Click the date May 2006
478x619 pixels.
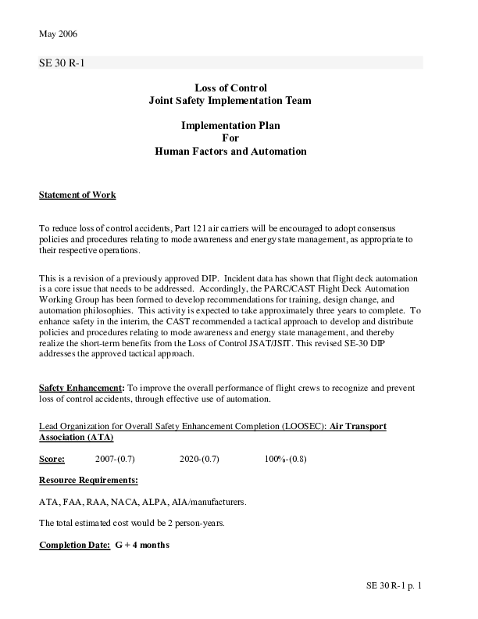(x=58, y=34)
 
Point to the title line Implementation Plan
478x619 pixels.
(x=230, y=125)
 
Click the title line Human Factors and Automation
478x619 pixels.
(x=230, y=151)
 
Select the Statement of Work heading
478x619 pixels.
(x=77, y=195)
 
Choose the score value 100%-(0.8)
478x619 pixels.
(x=286, y=459)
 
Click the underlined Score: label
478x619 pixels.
(x=52, y=459)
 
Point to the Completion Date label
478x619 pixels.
(x=74, y=545)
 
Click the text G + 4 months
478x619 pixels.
(x=141, y=545)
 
